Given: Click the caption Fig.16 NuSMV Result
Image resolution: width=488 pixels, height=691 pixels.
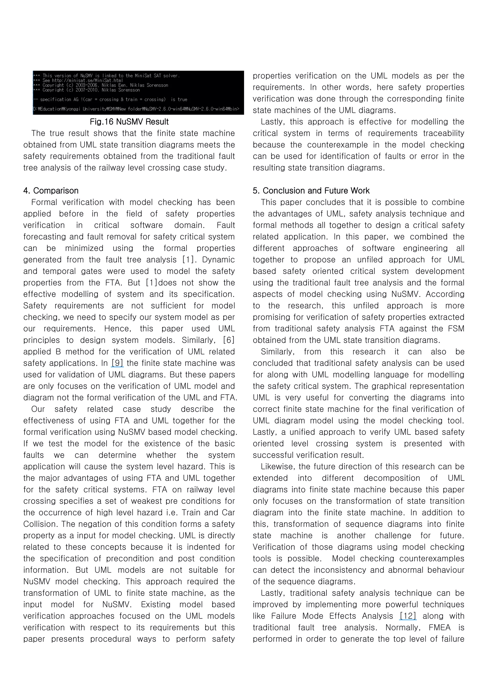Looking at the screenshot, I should [129, 122].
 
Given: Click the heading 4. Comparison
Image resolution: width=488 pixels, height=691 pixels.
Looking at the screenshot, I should [51, 190].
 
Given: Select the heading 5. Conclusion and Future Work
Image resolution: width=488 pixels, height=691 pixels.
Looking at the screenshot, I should [311, 190].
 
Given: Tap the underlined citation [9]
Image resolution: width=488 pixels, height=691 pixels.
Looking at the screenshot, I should [117, 363].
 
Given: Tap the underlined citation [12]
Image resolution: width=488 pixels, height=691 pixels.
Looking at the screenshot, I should [408, 616].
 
